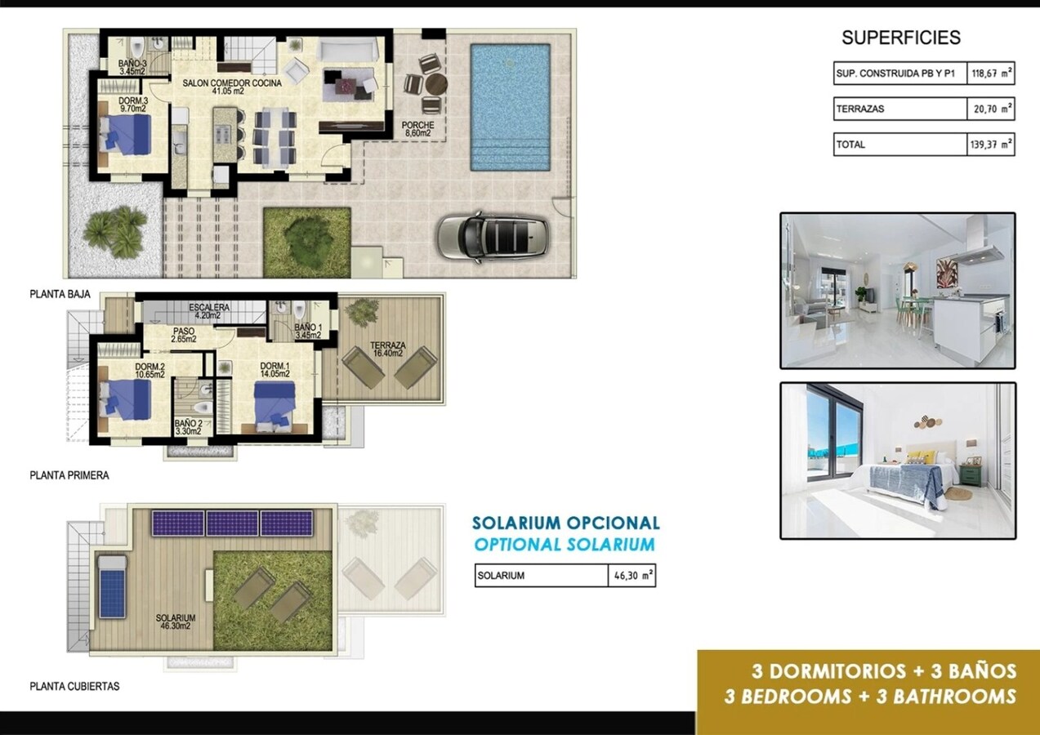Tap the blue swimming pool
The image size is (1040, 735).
coord(510,106)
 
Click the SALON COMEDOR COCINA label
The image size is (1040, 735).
coord(232,87)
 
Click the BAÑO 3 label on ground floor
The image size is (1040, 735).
coord(132,68)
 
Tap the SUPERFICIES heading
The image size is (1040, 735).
coord(900,38)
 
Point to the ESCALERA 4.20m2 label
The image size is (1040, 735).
coord(208,312)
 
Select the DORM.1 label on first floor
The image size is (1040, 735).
coord(273,370)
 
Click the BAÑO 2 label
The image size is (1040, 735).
coord(187,427)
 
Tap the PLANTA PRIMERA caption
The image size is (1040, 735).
coord(69,475)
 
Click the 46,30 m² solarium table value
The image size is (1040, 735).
coord(632,576)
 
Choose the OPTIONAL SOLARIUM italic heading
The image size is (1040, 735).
coord(565,545)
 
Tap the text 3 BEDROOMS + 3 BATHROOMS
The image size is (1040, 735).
coord(870,697)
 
